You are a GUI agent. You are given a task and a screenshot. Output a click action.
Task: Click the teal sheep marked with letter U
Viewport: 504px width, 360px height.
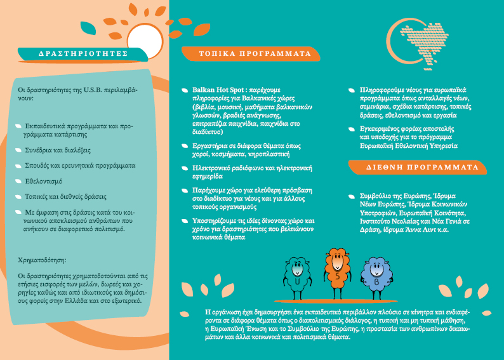pos(296,277)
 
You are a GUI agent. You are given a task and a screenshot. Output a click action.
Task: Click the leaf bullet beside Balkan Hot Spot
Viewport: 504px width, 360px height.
pos(185,91)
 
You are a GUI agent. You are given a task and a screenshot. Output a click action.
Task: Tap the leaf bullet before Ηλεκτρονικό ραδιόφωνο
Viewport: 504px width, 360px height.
pos(185,168)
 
